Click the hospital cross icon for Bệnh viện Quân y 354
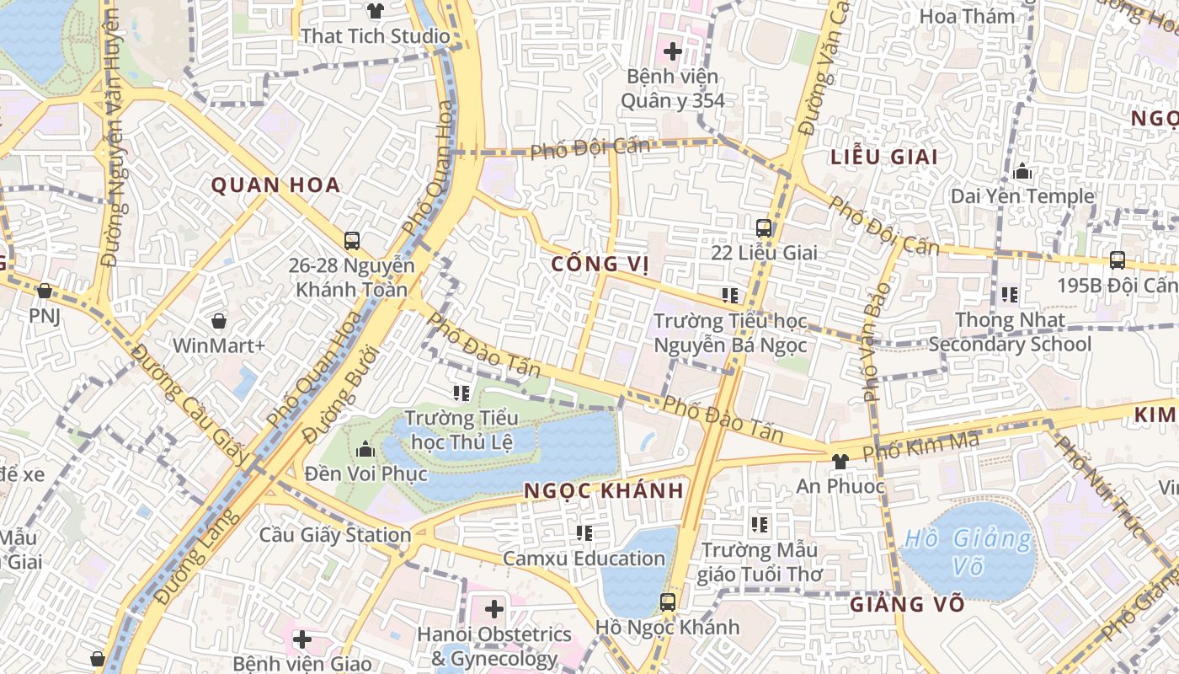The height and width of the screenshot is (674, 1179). tap(672, 51)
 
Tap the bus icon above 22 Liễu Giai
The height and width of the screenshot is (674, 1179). tap(764, 227)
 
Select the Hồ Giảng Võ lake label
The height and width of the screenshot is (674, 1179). tap(968, 552)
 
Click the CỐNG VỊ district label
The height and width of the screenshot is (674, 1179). tap(600, 265)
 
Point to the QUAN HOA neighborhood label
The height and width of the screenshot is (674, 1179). tap(275, 185)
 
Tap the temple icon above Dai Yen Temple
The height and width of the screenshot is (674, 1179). tap(1022, 172)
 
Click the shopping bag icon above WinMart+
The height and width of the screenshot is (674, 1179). tap(219, 321)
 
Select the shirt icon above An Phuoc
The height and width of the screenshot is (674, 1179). tap(840, 461)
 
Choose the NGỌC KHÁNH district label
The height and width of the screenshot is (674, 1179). tap(604, 491)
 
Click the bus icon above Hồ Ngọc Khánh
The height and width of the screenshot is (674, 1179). tap(668, 602)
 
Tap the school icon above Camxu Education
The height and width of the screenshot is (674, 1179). tap(584, 532)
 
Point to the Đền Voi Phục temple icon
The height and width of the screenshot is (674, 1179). tap(365, 448)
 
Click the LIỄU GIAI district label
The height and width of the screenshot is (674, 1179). tap(884, 158)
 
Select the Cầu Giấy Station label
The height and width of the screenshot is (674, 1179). tap(335, 535)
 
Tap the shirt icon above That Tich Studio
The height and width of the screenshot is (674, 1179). tap(376, 11)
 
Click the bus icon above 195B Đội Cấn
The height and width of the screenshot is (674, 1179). tap(1118, 259)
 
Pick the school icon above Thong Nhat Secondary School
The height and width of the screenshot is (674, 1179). tap(1010, 295)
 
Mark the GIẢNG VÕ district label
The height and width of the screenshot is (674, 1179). tap(906, 605)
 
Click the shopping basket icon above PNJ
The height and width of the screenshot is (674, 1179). tap(45, 291)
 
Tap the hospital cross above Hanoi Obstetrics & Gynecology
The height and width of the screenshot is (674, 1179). tap(494, 608)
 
